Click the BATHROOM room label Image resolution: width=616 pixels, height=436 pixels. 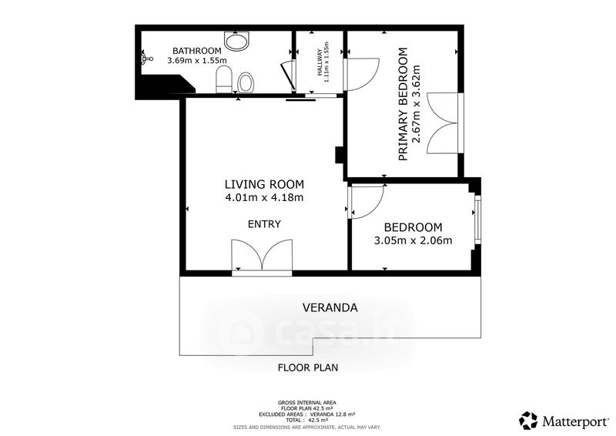197,51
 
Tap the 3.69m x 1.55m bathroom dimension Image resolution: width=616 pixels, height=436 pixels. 197,61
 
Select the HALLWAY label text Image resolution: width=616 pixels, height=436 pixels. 320,62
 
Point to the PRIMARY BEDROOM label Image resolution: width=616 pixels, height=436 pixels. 403,104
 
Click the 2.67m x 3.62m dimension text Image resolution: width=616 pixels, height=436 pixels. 417,104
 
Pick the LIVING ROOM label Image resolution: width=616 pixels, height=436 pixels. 264,184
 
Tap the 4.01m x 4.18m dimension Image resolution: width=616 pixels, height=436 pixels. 264,197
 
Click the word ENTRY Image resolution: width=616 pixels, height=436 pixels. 264,224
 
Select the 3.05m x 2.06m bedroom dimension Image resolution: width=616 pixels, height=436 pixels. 413,240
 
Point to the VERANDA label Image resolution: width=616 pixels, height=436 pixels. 330,307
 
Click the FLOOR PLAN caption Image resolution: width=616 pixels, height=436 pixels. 308,367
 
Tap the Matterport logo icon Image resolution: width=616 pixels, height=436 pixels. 528,421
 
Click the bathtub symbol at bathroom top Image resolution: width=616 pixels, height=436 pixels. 236,41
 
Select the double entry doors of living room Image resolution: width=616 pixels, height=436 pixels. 262,256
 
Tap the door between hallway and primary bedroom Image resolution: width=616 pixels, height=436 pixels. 361,75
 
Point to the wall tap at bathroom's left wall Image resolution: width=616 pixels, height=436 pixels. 146,59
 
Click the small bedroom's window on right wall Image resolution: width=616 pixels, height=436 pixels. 477,220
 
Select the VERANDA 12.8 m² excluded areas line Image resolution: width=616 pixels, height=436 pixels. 306,414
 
